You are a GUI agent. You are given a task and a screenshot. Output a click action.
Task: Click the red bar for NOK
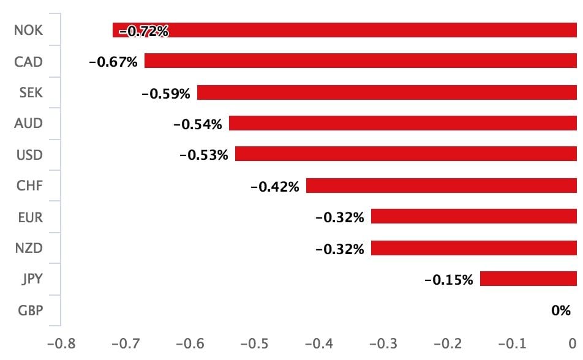[x=367, y=30]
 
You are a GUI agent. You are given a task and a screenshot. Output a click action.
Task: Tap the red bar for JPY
[x=528, y=279]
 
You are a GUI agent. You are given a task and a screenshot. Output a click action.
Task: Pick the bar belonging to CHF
[x=441, y=186]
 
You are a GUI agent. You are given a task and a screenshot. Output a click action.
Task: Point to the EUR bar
[x=473, y=217]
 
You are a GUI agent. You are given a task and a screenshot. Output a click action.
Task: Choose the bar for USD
[x=405, y=154]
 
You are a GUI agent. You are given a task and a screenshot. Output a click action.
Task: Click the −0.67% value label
[x=113, y=62]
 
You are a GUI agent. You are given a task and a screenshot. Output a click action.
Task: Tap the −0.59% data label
[x=166, y=94]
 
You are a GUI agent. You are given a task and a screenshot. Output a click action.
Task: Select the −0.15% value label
[x=449, y=280]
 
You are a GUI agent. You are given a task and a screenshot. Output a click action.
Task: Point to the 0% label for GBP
[x=560, y=311]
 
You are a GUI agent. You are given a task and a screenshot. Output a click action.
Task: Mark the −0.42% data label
[x=275, y=187]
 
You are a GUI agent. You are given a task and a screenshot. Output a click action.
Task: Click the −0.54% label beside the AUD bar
[x=198, y=125]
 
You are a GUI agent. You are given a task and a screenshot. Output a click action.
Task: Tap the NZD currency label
[x=29, y=248]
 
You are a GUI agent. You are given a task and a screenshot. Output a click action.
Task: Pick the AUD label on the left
[x=29, y=123]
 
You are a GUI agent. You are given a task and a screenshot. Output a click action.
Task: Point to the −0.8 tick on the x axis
[x=62, y=344]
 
